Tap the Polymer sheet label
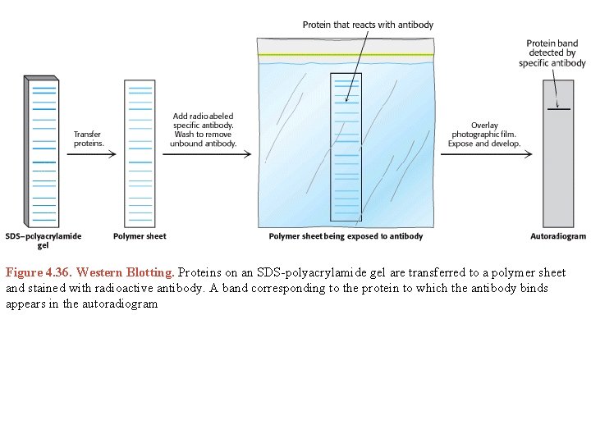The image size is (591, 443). click(x=140, y=236)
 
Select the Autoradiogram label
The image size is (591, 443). click(x=558, y=236)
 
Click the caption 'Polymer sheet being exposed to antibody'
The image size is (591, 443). click(x=346, y=236)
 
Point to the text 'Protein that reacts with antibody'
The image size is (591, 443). click(x=367, y=25)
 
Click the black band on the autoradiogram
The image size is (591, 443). click(x=558, y=109)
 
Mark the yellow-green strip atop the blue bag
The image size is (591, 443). click(x=346, y=54)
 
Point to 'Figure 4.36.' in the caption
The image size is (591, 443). click(x=39, y=272)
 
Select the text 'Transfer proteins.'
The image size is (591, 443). click(x=89, y=138)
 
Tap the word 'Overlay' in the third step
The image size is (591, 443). click(x=484, y=126)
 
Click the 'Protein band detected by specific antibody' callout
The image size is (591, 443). click(x=556, y=53)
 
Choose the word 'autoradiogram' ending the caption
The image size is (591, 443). click(x=117, y=304)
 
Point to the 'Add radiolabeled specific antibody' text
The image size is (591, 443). click(x=204, y=121)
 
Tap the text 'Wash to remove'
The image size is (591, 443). click(x=204, y=135)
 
